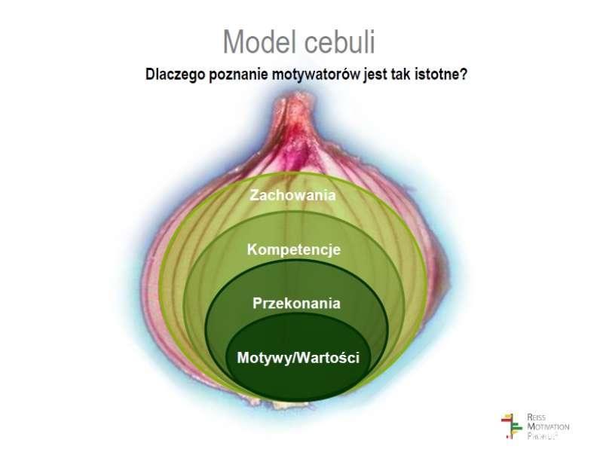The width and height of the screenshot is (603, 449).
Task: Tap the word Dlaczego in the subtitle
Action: pyautogui.click(x=174, y=75)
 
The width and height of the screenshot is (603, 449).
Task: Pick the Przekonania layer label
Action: pyautogui.click(x=296, y=304)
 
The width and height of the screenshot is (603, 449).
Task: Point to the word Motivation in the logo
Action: pyautogui.click(x=548, y=426)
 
